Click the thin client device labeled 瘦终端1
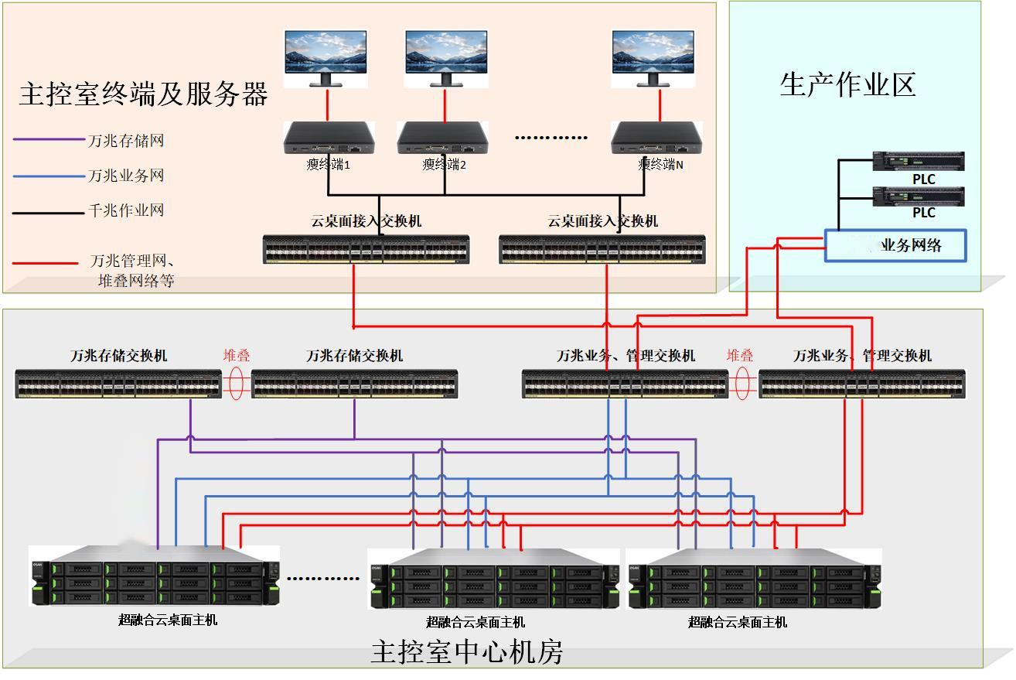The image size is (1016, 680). pyautogui.click(x=328, y=138)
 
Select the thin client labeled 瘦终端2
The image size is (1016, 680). pyautogui.click(x=443, y=138)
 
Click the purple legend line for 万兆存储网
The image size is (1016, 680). pyautogui.click(x=49, y=140)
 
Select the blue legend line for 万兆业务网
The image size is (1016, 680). pyautogui.click(x=49, y=176)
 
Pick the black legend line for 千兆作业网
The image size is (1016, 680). pyautogui.click(x=49, y=210)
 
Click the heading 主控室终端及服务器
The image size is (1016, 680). pyautogui.click(x=143, y=94)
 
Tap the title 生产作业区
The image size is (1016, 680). pyautogui.click(x=847, y=85)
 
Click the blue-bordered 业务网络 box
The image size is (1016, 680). pyautogui.click(x=895, y=245)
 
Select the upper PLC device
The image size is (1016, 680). pyautogui.click(x=918, y=161)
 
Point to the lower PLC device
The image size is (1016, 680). pyautogui.click(x=918, y=195)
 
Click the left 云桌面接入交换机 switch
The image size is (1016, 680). pyautogui.click(x=366, y=249)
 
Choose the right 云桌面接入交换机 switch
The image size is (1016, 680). pyautogui.click(x=602, y=249)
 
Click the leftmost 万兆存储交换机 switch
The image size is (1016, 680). pyautogui.click(x=118, y=384)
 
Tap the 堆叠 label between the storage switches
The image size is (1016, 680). pyautogui.click(x=237, y=356)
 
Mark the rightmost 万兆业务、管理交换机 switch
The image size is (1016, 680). pyautogui.click(x=862, y=384)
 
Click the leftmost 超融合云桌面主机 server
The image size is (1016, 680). pyautogui.click(x=155, y=576)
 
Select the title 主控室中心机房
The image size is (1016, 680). pyautogui.click(x=467, y=652)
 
